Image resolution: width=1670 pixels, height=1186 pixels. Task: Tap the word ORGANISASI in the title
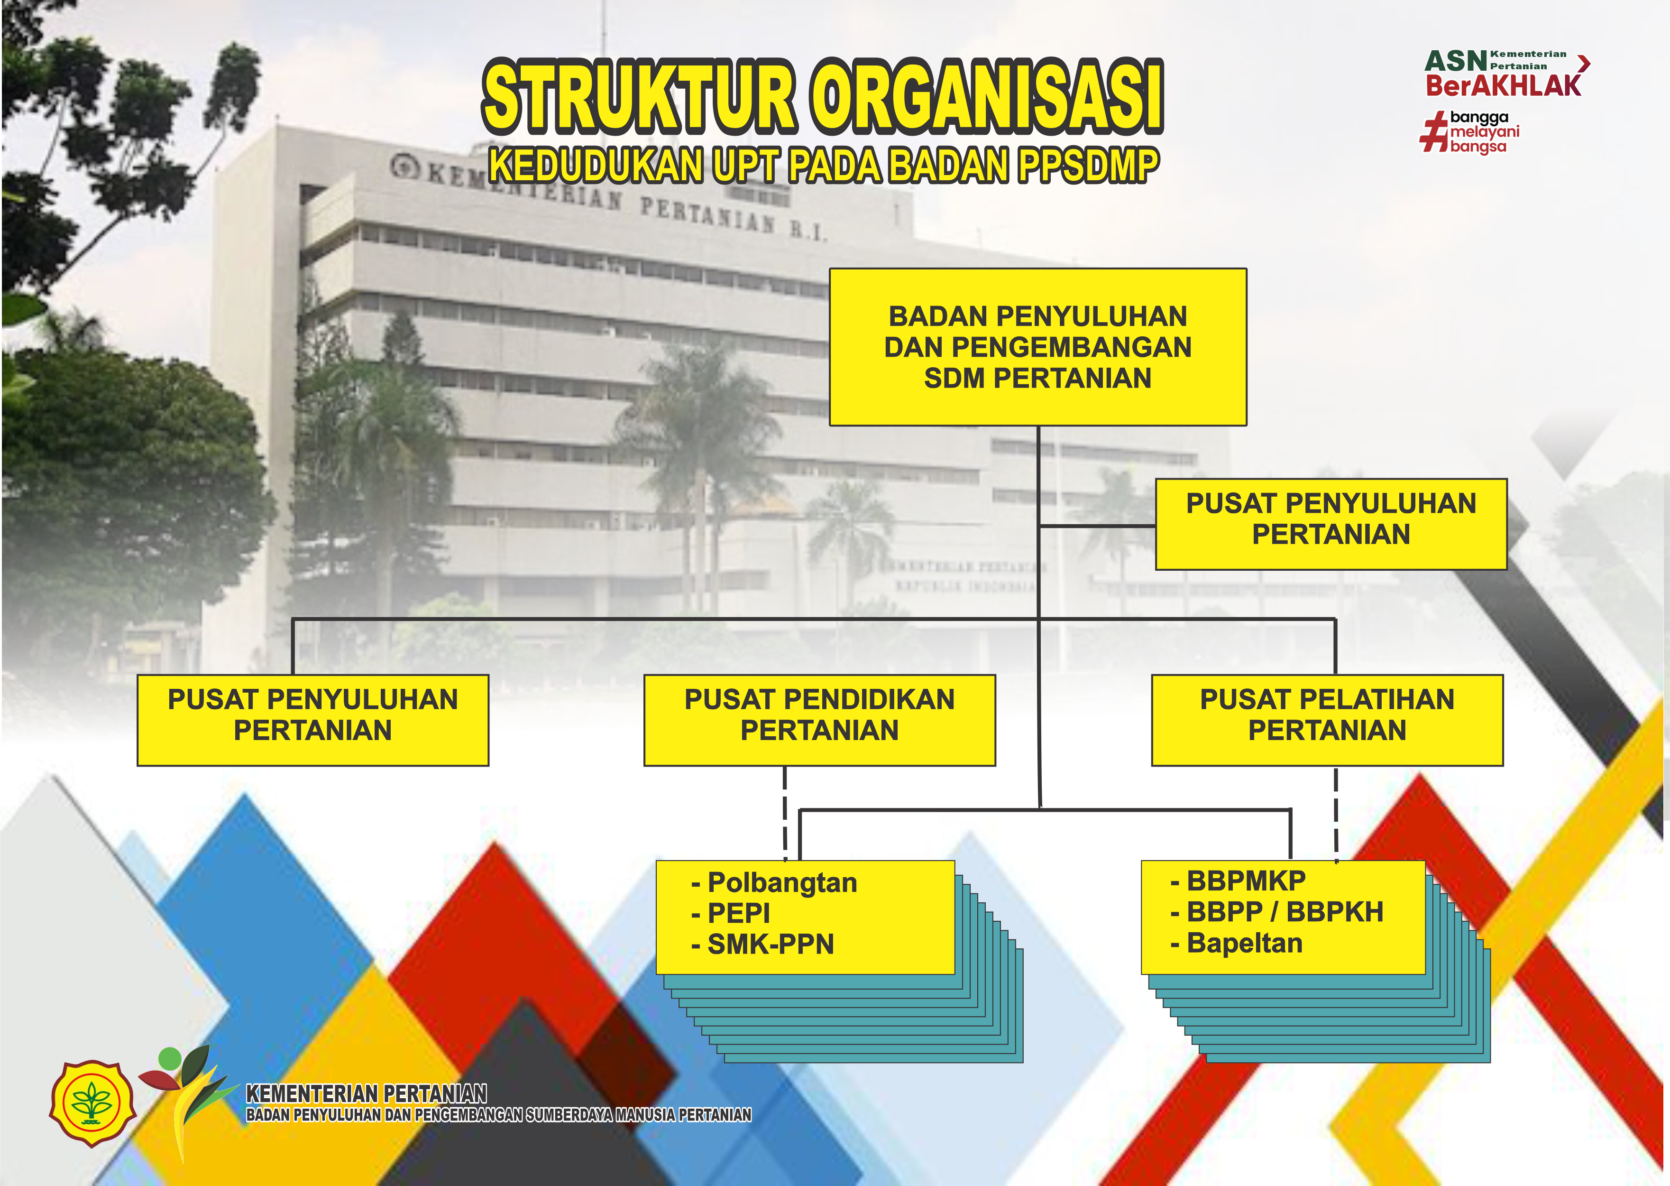coord(988,96)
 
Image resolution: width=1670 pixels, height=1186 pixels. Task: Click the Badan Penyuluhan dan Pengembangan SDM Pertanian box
coord(1038,347)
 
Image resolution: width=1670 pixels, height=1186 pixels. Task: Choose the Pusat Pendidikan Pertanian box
coord(820,720)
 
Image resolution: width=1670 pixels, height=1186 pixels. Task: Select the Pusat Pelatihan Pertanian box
coord(1327,720)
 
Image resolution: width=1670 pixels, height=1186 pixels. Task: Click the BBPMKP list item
coord(1238,881)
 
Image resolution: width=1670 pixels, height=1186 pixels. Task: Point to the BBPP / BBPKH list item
coord(1276,912)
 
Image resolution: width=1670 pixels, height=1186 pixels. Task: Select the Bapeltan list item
coord(1237,943)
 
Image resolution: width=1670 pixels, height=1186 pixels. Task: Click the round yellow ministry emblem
coord(92,1103)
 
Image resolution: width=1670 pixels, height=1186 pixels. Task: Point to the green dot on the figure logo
coord(170,1058)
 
